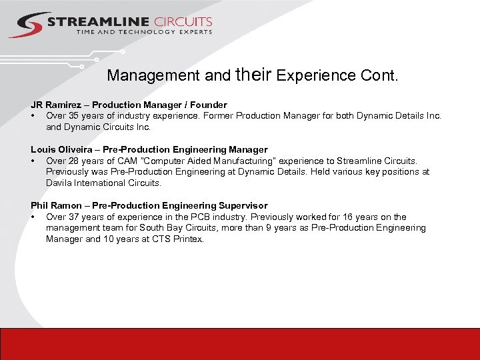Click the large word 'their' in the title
(253, 73)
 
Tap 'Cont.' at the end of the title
(379, 75)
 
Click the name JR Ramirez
(57, 105)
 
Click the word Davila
(60, 183)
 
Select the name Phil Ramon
(56, 205)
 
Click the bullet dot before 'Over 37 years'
(33, 217)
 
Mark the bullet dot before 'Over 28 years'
(33, 161)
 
